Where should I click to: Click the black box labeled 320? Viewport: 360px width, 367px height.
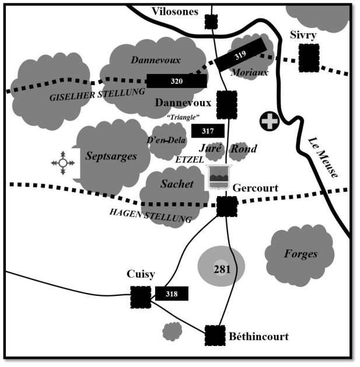pyautogui.click(x=176, y=81)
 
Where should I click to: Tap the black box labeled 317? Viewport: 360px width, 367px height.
pyautogui.click(x=208, y=131)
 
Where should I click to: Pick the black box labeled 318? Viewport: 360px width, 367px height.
pyautogui.click(x=172, y=294)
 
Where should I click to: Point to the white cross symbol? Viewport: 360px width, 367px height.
pyautogui.click(x=268, y=121)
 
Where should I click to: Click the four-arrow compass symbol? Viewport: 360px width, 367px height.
pyautogui.click(x=63, y=163)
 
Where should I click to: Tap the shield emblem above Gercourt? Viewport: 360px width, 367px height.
pyautogui.click(x=219, y=177)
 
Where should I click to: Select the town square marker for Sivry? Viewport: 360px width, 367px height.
pyautogui.click(x=309, y=58)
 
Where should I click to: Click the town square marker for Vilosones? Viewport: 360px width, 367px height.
pyautogui.click(x=211, y=22)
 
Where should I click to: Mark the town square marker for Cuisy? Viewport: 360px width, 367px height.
pyautogui.click(x=140, y=297)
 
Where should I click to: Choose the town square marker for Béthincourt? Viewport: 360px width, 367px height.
pyautogui.click(x=215, y=335)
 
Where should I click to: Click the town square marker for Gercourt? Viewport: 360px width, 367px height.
pyautogui.click(x=226, y=207)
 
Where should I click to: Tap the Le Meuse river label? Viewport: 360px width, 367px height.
pyautogui.click(x=323, y=157)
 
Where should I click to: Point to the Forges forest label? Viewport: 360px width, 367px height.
pyautogui.click(x=300, y=254)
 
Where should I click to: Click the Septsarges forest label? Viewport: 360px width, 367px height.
pyautogui.click(x=111, y=156)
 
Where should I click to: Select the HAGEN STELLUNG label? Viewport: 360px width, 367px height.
pyautogui.click(x=151, y=215)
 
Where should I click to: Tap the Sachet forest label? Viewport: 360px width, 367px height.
pyautogui.click(x=177, y=184)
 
